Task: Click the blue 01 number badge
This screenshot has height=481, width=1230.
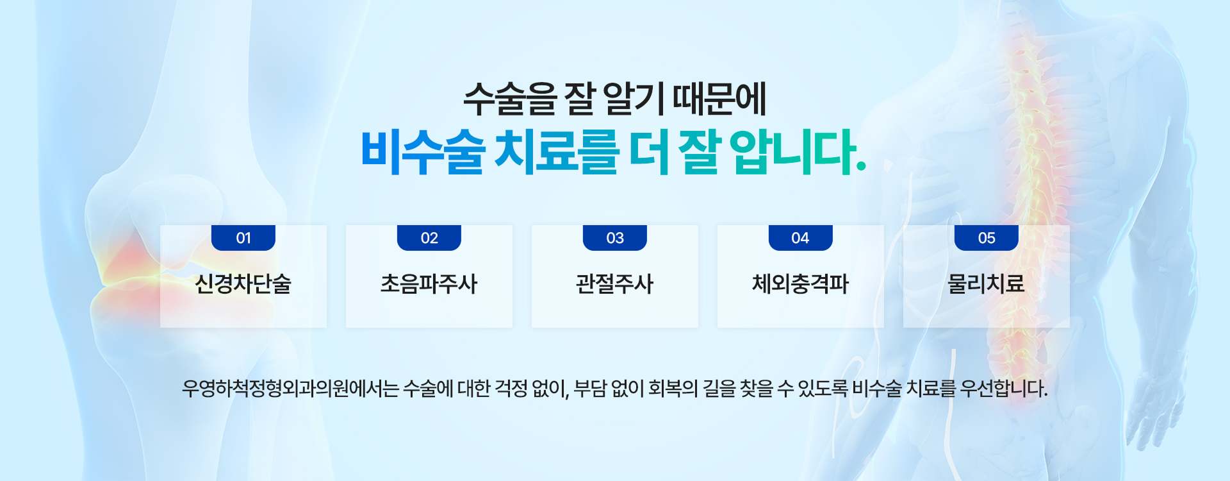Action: (243, 238)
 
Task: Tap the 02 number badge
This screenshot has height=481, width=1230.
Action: (429, 238)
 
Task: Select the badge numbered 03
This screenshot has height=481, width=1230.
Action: (615, 238)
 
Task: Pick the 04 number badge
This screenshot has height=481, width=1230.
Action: (801, 238)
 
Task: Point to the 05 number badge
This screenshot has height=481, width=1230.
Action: (987, 238)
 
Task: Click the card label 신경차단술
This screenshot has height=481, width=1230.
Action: (243, 283)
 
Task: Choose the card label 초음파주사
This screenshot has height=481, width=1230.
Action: (429, 283)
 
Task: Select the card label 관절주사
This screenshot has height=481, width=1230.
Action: (615, 283)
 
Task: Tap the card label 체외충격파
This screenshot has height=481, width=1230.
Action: (801, 283)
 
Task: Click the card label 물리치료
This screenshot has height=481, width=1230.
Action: (987, 283)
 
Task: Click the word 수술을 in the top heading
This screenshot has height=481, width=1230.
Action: (510, 99)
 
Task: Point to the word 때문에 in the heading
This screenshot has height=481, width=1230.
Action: (719, 99)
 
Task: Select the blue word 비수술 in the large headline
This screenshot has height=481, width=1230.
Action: (423, 152)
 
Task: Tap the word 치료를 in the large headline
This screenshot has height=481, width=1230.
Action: (557, 152)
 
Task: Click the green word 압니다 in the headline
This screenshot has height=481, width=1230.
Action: (793, 152)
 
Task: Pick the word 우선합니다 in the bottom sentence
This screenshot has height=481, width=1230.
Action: (1004, 389)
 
